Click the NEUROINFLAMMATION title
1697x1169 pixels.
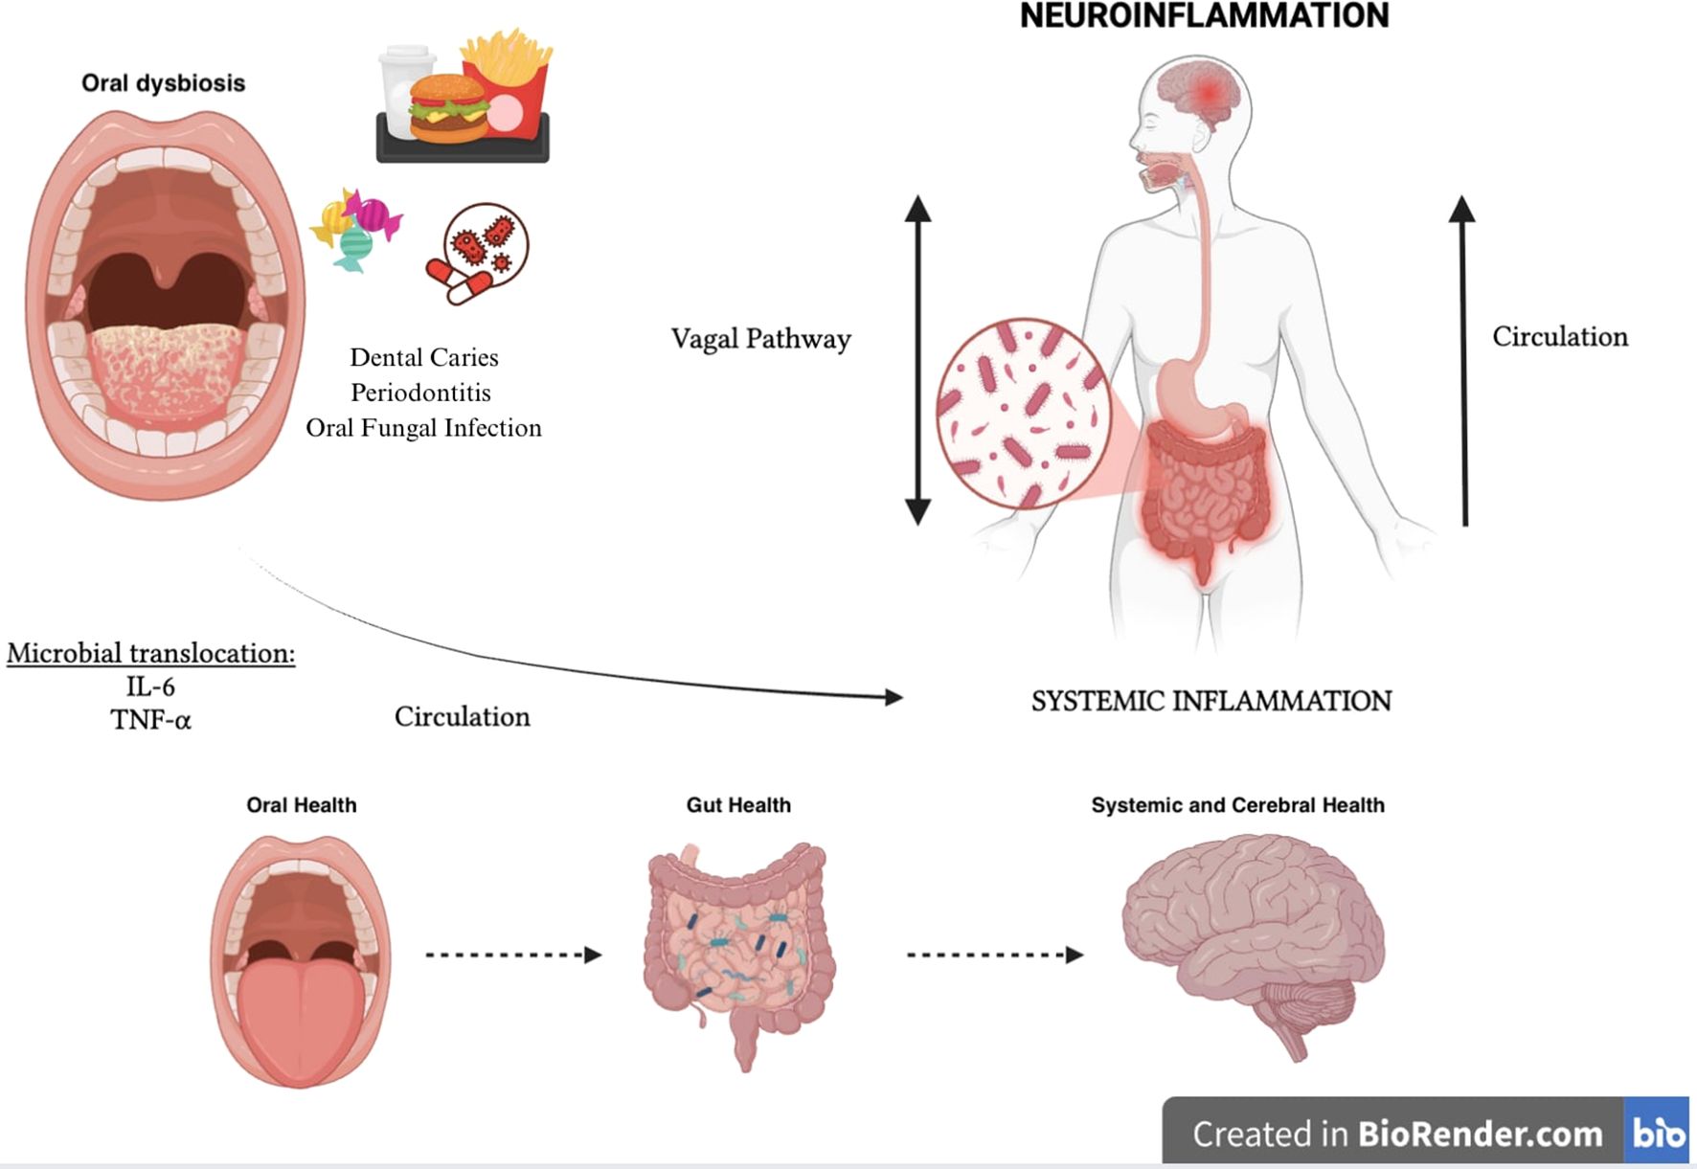coord(1204,16)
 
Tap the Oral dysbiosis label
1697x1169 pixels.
coord(163,83)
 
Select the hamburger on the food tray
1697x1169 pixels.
coord(448,107)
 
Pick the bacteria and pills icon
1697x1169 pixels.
coord(478,253)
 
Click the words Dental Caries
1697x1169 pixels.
coord(424,357)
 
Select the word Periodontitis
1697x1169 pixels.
coord(420,393)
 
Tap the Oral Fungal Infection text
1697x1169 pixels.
coord(423,428)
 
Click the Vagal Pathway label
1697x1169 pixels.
coord(760,339)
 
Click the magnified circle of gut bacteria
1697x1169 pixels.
coord(1023,414)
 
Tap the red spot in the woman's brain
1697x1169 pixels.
coord(1210,92)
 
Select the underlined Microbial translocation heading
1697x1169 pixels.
coord(150,653)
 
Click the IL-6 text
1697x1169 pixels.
coord(150,686)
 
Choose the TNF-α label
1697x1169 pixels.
coord(150,720)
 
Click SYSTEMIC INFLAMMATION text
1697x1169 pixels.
coord(1211,701)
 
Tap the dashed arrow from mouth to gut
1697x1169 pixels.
coord(513,955)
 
